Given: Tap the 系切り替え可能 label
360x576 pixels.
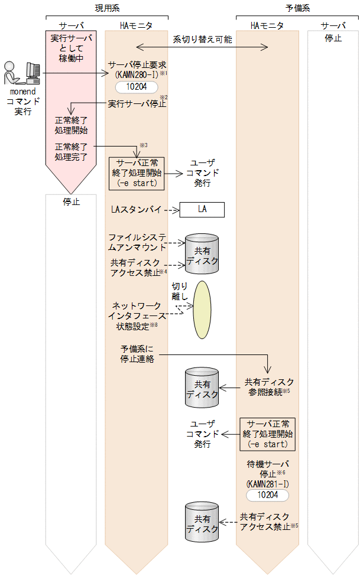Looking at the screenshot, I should click(x=202, y=40).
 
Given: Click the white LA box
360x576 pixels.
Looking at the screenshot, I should click(x=202, y=209).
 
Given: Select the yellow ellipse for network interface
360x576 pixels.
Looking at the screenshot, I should click(x=202, y=309).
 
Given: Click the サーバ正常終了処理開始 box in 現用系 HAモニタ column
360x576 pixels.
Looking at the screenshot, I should click(x=137, y=173).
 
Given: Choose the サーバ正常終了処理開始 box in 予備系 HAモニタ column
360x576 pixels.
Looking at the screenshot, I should click(x=267, y=434).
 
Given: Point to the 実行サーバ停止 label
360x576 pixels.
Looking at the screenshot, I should click(x=137, y=104).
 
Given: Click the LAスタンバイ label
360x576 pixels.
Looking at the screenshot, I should click(x=135, y=209).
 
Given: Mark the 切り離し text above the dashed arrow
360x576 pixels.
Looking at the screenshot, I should click(x=180, y=291).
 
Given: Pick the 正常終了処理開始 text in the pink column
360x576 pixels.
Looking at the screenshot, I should click(x=71, y=124).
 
